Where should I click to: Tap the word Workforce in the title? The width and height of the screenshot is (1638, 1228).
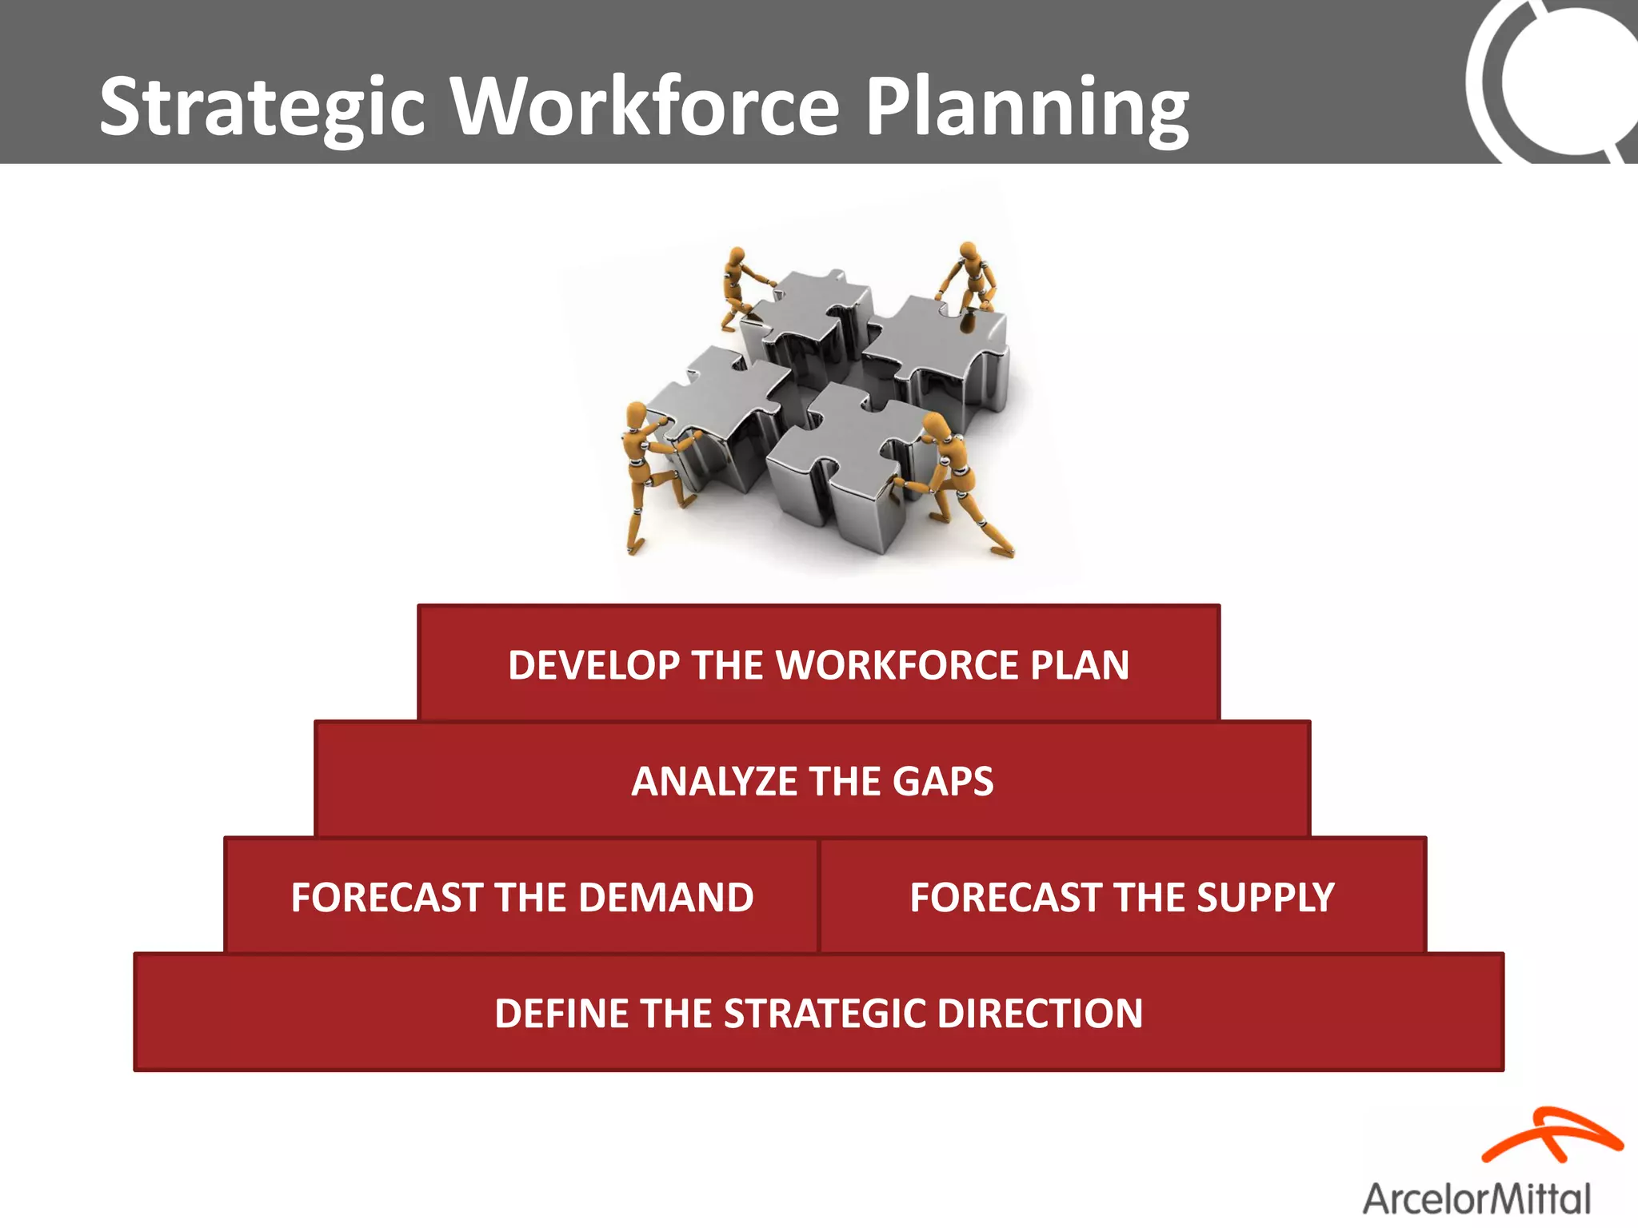(x=646, y=106)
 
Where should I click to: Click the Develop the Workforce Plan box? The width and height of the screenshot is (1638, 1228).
(x=818, y=664)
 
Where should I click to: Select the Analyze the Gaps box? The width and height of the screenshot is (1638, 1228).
(x=812, y=780)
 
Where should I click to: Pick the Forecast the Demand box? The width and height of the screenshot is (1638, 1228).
(x=521, y=896)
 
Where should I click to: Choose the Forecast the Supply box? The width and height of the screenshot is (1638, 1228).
(x=1122, y=896)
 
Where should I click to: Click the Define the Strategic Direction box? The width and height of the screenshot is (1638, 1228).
(x=818, y=1013)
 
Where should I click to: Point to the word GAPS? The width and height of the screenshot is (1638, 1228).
(x=943, y=781)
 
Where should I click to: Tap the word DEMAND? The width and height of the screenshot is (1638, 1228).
(x=665, y=897)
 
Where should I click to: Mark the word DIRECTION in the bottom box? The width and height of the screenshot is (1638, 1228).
(x=1040, y=1013)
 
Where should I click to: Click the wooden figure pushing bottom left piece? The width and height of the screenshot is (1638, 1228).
(x=648, y=472)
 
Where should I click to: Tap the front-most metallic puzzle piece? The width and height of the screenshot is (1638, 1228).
(x=848, y=464)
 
